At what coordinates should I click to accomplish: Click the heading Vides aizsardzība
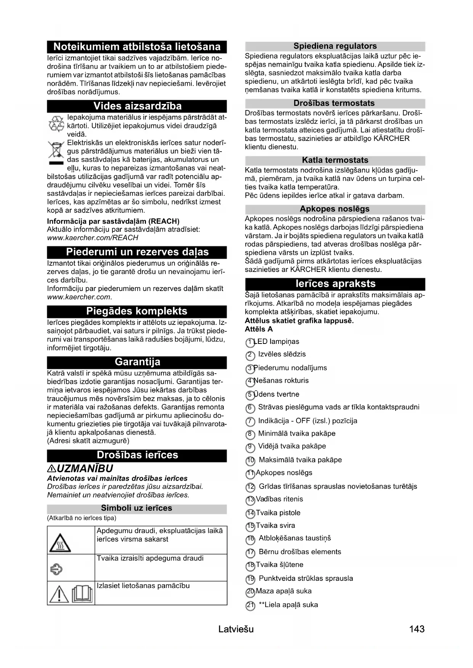pyautogui.click(x=137, y=106)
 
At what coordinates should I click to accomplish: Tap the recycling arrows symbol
pyautogui.click(x=56, y=123)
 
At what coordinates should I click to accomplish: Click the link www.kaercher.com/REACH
pyautogui.click(x=93, y=238)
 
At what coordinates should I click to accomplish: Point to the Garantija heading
pyautogui.click(x=137, y=362)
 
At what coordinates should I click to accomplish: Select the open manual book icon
pyautogui.click(x=82, y=593)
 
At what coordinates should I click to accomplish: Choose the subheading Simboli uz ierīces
pyautogui.click(x=136, y=508)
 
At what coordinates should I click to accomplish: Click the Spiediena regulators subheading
pyautogui.click(x=335, y=46)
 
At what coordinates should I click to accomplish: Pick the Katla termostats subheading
pyautogui.click(x=335, y=160)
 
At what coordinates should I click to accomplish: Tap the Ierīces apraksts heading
pyautogui.click(x=335, y=284)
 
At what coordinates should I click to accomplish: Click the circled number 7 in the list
pyautogui.click(x=250, y=422)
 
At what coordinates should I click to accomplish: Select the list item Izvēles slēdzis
pyautogui.click(x=282, y=354)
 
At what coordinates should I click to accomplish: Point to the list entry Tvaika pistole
pyautogui.click(x=278, y=513)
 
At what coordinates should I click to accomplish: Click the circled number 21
pyautogui.click(x=250, y=606)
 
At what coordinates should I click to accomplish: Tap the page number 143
pyautogui.click(x=417, y=629)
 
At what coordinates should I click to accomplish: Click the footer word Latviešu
pyautogui.click(x=236, y=629)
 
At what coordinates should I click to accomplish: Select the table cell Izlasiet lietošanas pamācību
pyautogui.click(x=143, y=586)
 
